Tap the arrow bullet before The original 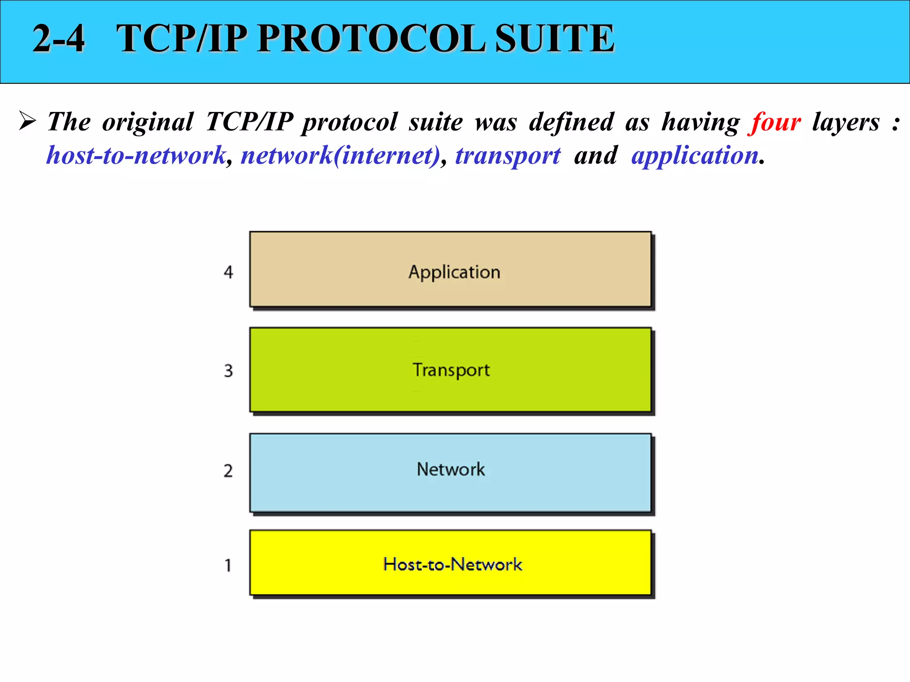tap(27, 121)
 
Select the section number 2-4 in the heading tap(59, 39)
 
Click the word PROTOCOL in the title tap(371, 39)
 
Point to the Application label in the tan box tap(454, 272)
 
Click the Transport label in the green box tap(451, 370)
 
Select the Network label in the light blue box tap(451, 469)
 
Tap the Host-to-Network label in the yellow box tap(452, 564)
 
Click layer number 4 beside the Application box tap(228, 272)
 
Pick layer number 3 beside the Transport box tap(228, 371)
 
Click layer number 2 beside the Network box tap(228, 471)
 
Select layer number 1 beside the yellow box tap(228, 565)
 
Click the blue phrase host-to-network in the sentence tap(136, 156)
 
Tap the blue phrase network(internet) tap(340, 156)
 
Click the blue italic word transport tap(508, 156)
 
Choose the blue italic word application tap(694, 156)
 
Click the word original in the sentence tap(148, 122)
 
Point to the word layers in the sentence tap(846, 122)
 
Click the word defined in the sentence tap(571, 122)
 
